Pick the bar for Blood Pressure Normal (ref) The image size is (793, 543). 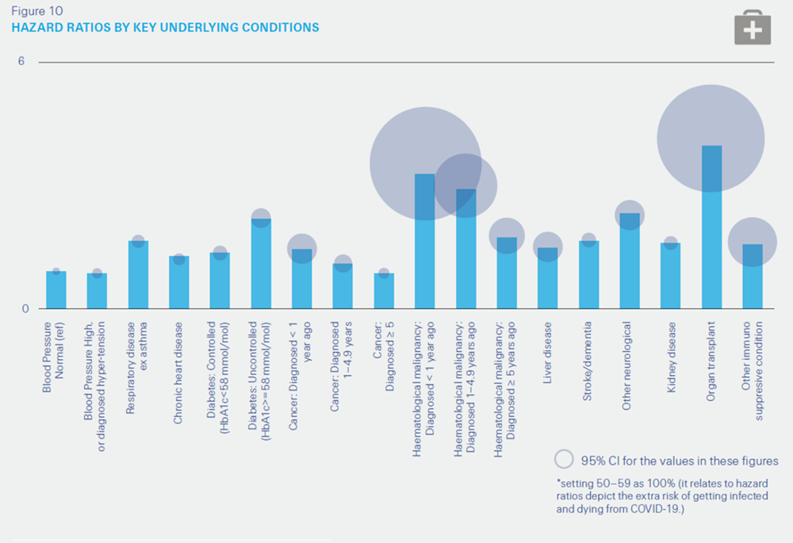[56, 289]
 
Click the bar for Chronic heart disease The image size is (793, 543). [179, 282]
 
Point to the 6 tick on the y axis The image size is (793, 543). [22, 62]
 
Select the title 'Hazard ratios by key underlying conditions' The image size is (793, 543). [165, 28]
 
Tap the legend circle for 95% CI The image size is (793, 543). [564, 460]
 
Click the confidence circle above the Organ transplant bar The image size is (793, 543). [711, 138]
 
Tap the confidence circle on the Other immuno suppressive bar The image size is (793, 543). [753, 242]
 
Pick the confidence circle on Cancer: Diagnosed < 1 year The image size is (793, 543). [302, 248]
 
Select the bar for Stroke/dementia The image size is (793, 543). [588, 275]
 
